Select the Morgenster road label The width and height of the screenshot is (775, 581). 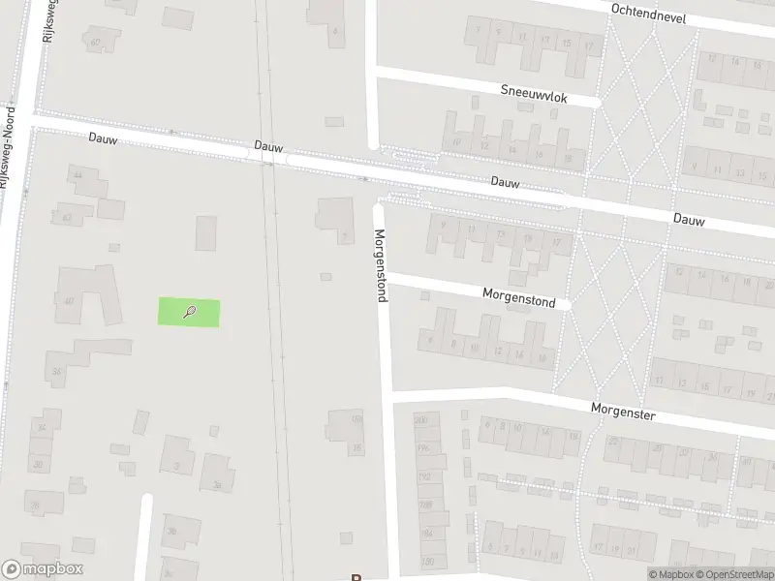623,412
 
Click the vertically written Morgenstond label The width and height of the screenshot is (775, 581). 381,264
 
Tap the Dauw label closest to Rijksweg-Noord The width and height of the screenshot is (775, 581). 103,138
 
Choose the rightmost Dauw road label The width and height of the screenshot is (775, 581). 690,220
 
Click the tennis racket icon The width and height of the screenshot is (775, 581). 190,312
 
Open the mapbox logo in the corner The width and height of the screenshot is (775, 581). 42,569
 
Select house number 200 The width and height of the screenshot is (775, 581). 421,420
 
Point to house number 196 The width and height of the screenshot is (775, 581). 422,448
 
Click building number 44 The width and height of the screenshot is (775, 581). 77,174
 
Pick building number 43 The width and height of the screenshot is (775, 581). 66,218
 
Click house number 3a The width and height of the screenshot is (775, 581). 217,485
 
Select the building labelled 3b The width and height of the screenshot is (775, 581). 171,531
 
